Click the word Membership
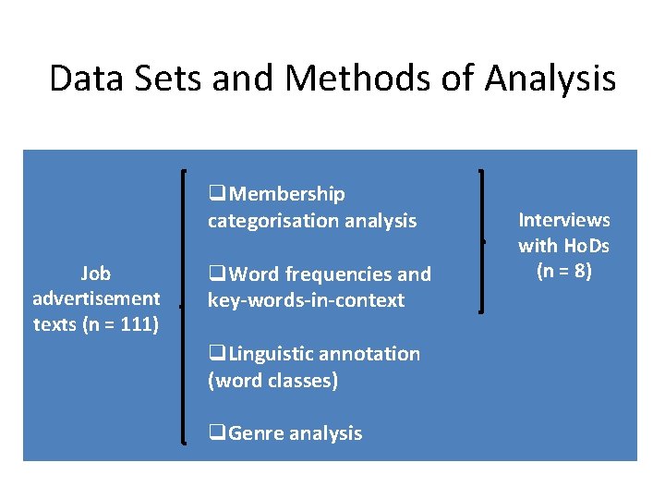tap(287, 194)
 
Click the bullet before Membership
tap(217, 194)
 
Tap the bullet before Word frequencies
tap(217, 274)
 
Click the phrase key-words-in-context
tap(306, 300)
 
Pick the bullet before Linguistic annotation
tap(217, 354)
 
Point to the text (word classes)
tap(272, 380)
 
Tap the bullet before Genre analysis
tap(217, 433)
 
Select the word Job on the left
tap(95, 274)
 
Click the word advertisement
tap(96, 299)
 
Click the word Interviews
tap(564, 220)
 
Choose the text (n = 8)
tap(564, 272)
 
